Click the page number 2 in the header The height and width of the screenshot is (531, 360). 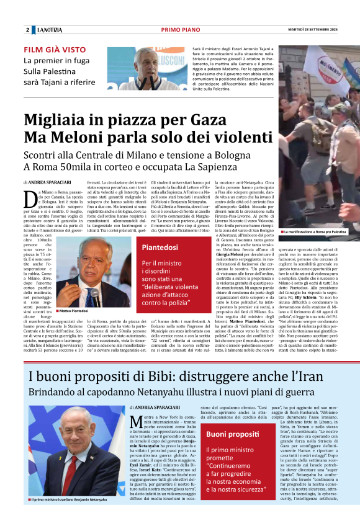27,30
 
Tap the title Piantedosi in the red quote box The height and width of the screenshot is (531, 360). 160,248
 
